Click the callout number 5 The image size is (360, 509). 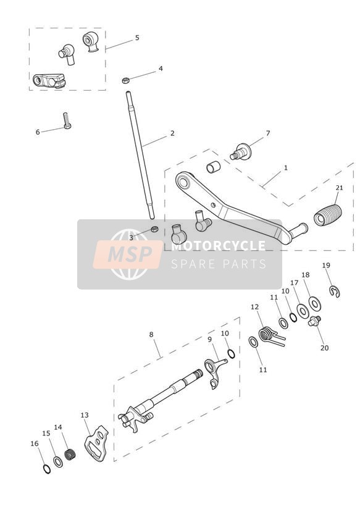click(137, 38)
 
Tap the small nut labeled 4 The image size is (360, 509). click(126, 80)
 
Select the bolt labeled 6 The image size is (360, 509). click(67, 120)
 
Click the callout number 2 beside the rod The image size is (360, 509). click(172, 133)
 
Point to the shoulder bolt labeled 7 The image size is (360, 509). click(241, 151)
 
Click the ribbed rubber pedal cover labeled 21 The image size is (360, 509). click(327, 215)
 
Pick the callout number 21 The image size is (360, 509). click(339, 188)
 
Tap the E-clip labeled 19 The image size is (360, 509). click(335, 291)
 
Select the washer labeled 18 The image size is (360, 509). click(314, 303)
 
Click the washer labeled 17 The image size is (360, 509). click(303, 311)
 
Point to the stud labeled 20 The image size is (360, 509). click(314, 321)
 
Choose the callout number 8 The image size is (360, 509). click(151, 334)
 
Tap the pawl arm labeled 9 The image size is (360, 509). click(214, 372)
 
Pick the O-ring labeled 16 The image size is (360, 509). click(47, 469)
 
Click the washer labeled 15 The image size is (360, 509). click(58, 462)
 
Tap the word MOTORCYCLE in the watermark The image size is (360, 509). click(218, 245)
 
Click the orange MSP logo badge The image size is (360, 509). click(128, 254)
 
